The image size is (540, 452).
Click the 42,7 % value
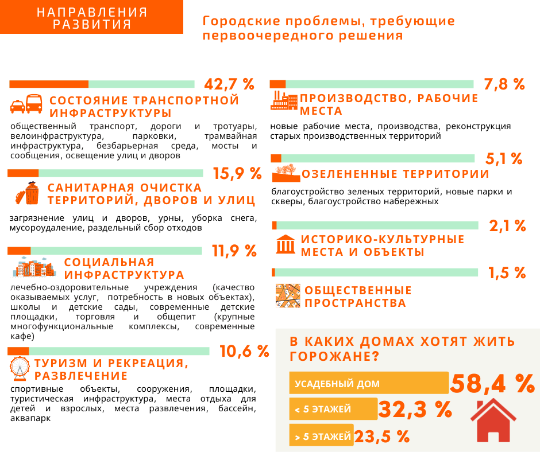pyautogui.click(x=229, y=84)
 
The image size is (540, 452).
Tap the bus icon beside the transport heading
pyautogui.click(x=34, y=104)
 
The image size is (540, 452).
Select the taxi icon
pyautogui.click(x=18, y=107)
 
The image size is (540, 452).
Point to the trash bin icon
pyautogui.click(x=27, y=193)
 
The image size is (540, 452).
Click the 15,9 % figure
pyautogui.click(x=237, y=173)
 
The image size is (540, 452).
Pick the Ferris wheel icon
pyautogui.click(x=20, y=368)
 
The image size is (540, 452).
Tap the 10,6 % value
pyautogui.click(x=244, y=351)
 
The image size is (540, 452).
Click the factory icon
pyautogui.click(x=284, y=100)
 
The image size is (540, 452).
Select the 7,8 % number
pyautogui.click(x=504, y=84)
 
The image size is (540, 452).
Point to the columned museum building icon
pyautogui.click(x=286, y=244)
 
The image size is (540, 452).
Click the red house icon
pyautogui.click(x=493, y=420)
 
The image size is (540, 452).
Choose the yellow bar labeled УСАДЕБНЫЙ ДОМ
pyautogui.click(x=369, y=383)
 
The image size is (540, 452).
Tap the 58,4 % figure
pyautogui.click(x=492, y=383)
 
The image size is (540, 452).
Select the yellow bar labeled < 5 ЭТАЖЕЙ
pyautogui.click(x=333, y=408)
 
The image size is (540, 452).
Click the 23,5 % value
pyautogui.click(x=382, y=437)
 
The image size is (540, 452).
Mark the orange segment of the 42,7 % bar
pyautogui.click(x=49, y=84)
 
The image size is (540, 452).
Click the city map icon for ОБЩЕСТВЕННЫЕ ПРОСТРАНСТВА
pyautogui.click(x=288, y=295)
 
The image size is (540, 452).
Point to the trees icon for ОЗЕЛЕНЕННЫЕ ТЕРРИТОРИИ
pyautogui.click(x=286, y=173)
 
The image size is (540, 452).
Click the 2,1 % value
pyautogui.click(x=508, y=226)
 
